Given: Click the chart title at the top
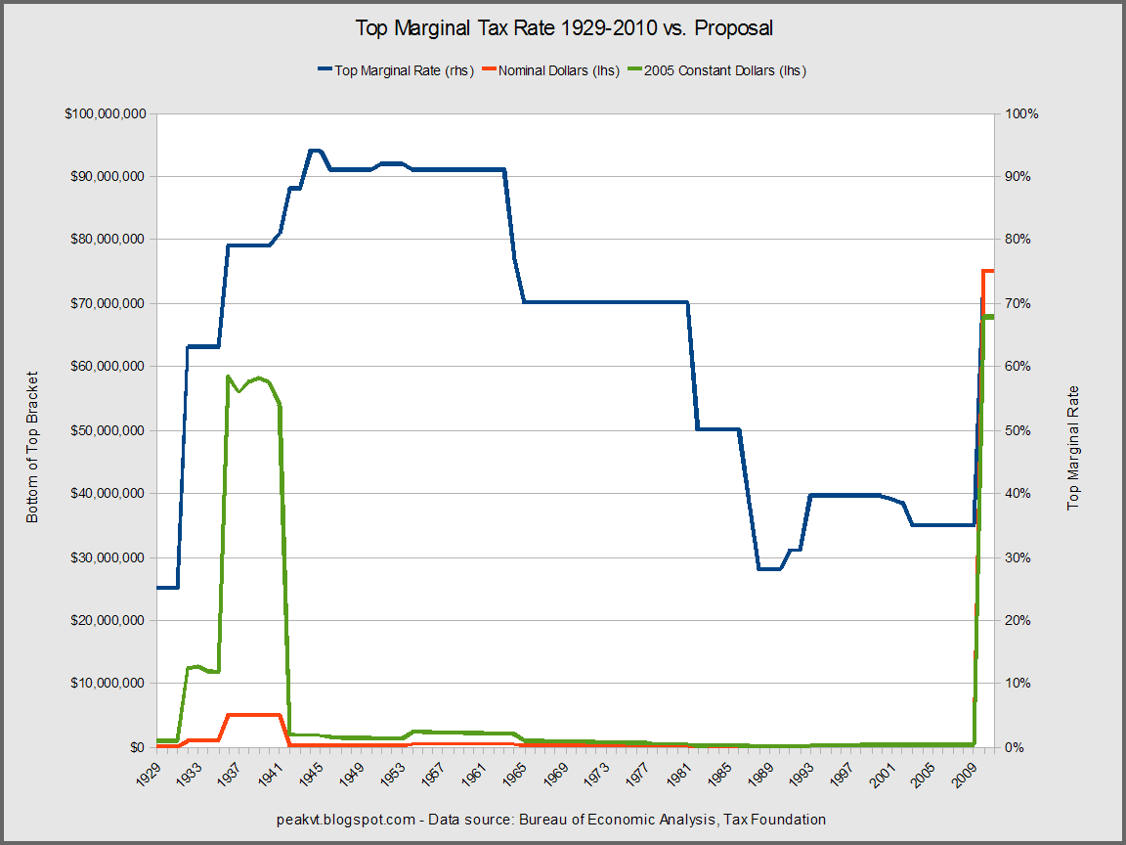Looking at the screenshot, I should (562, 28).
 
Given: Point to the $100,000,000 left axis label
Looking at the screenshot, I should (106, 114).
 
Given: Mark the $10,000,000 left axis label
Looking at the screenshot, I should (109, 683).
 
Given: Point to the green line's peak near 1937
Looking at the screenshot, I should (228, 377).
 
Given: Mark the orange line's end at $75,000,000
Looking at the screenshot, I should (989, 271).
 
